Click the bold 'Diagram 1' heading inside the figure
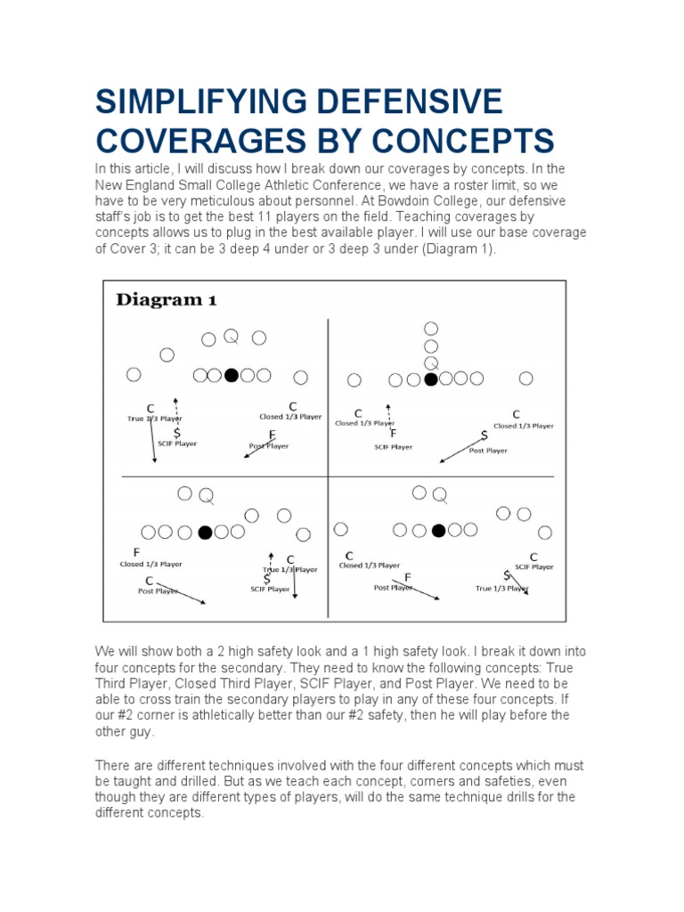[167, 300]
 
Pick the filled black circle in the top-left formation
[232, 376]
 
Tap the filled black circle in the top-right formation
[431, 379]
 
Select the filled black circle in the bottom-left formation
[205, 533]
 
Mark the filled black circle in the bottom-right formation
[438, 531]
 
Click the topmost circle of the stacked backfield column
[431, 329]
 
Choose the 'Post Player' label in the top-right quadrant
[488, 451]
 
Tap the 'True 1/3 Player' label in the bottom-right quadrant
[501, 589]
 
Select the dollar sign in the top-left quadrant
[177, 432]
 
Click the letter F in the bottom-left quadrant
[137, 552]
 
